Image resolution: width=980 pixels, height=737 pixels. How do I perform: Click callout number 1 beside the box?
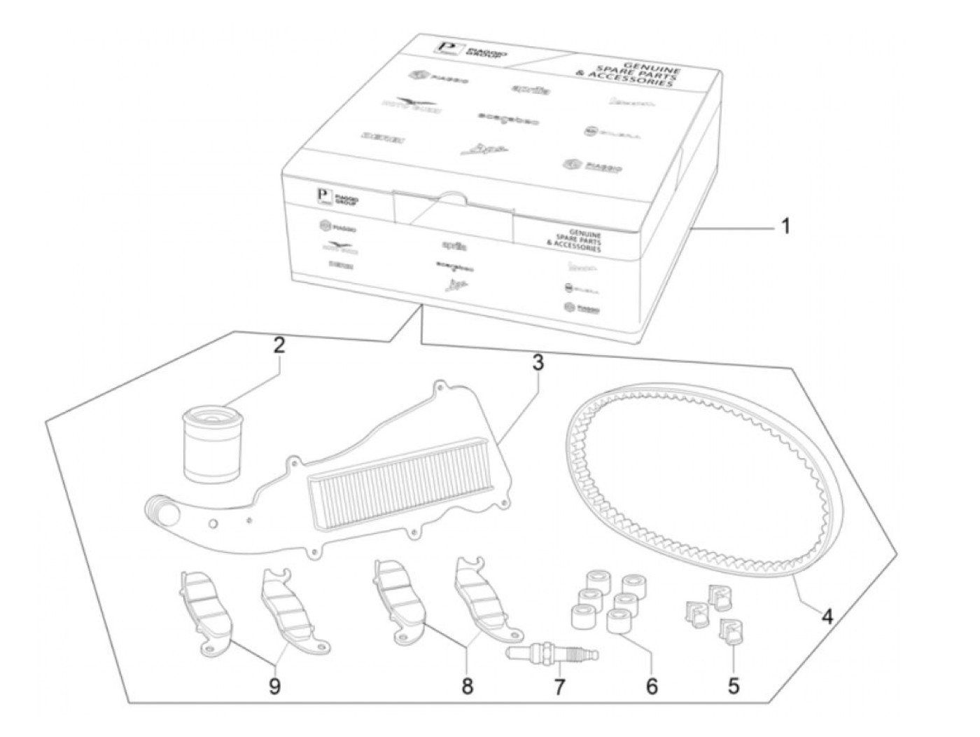pyautogui.click(x=785, y=226)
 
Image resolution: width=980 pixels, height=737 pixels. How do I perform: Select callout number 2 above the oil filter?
pyautogui.click(x=279, y=345)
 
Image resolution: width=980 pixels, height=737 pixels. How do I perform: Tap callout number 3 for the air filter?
pyautogui.click(x=537, y=362)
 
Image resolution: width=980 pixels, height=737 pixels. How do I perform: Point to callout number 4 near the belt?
pyautogui.click(x=827, y=617)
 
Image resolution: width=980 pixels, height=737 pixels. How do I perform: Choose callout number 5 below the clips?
pyautogui.click(x=733, y=685)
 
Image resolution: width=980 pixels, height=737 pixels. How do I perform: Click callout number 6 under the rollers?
pyautogui.click(x=652, y=686)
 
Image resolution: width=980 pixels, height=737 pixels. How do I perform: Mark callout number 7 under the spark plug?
pyautogui.click(x=559, y=687)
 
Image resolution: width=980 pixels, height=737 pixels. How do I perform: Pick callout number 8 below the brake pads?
pyautogui.click(x=467, y=686)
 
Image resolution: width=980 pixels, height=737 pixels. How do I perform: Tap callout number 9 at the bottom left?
pyautogui.click(x=274, y=686)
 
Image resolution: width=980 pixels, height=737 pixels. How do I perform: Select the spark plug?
pyautogui.click(x=552, y=655)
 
